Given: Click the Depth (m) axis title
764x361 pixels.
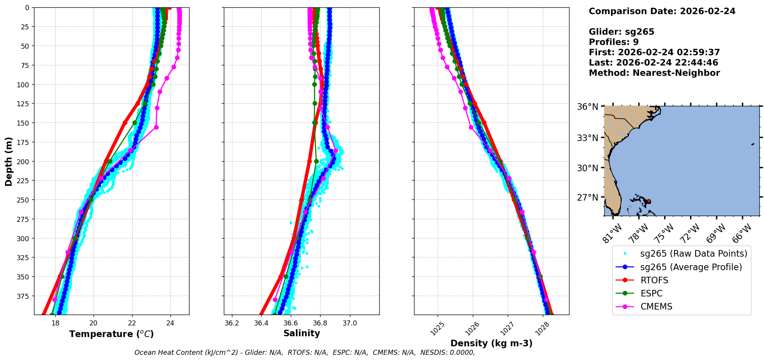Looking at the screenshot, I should pyautogui.click(x=9, y=161).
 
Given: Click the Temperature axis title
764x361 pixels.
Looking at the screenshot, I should pyautogui.click(x=111, y=334).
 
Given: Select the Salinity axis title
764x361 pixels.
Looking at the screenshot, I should pyautogui.click(x=302, y=333).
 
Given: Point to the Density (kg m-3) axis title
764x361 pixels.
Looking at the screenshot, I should pyautogui.click(x=491, y=343).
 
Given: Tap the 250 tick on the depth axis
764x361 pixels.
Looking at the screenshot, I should pyautogui.click(x=24, y=200).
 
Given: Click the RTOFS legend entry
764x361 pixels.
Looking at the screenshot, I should pyautogui.click(x=654, y=280).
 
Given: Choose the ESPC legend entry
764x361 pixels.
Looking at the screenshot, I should pyautogui.click(x=651, y=293).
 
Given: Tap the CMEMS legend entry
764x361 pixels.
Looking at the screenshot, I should pyautogui.click(x=656, y=307).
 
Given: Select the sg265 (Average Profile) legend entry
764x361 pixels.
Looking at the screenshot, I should pyautogui.click(x=691, y=267).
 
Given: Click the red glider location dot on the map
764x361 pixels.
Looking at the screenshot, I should pyautogui.click(x=649, y=201).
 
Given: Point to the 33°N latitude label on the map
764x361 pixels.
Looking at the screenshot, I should pyautogui.click(x=587, y=138).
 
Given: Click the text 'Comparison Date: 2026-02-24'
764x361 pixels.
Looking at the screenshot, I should pyautogui.click(x=662, y=11).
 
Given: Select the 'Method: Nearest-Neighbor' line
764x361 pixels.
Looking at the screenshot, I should pyautogui.click(x=654, y=73).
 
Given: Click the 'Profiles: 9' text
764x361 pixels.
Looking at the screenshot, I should pyautogui.click(x=614, y=42).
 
